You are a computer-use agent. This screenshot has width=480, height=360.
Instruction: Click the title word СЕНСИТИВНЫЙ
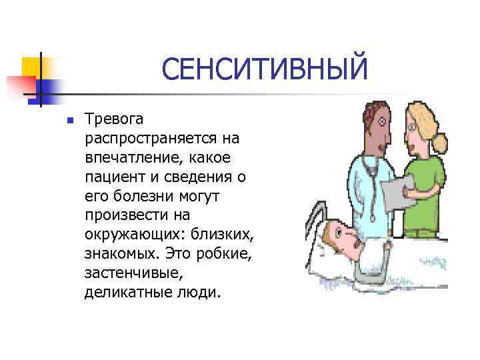click(x=264, y=70)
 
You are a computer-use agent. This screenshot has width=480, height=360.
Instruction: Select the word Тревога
click(x=113, y=119)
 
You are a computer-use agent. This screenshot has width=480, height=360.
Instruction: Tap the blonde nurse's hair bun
click(x=441, y=142)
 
